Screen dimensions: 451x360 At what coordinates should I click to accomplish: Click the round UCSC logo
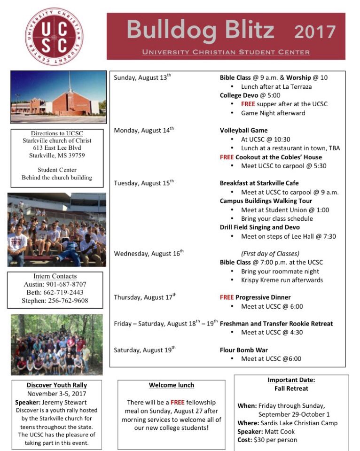(x=54, y=36)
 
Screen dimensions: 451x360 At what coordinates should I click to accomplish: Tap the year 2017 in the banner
(x=314, y=32)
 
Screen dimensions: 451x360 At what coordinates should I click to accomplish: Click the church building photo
(x=58, y=97)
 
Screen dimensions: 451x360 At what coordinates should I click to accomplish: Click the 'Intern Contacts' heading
(x=55, y=276)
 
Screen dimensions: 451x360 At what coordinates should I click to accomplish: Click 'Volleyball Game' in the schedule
(x=243, y=130)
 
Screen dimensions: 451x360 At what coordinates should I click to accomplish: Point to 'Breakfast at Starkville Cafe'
(x=259, y=183)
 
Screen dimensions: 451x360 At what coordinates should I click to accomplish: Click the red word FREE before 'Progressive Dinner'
(x=227, y=297)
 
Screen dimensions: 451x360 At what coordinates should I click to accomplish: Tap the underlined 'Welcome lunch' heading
(x=172, y=385)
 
